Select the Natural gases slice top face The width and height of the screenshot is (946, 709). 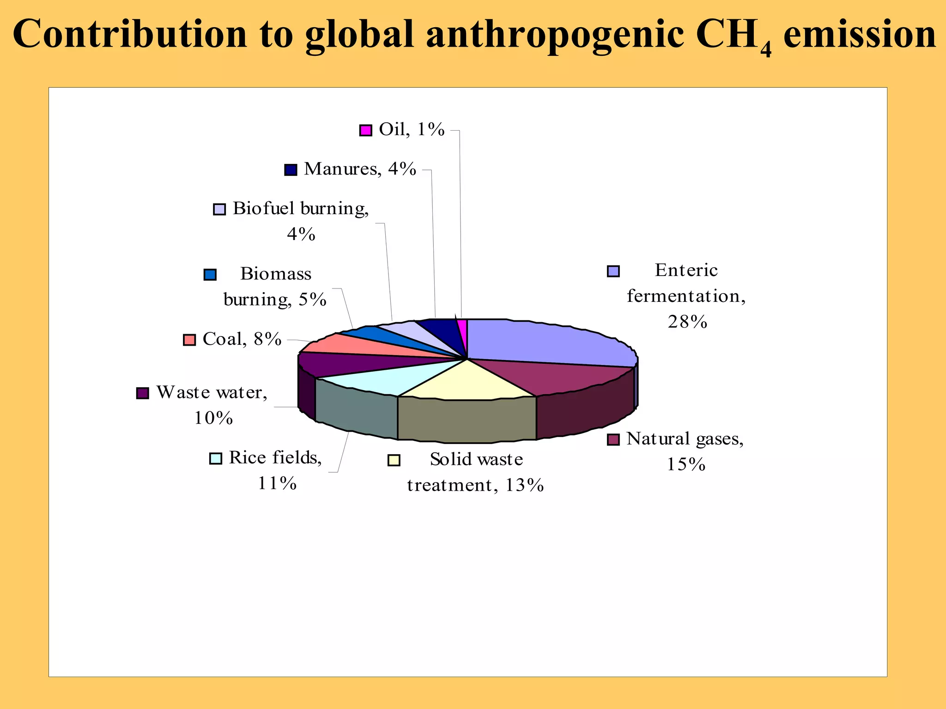[554, 376]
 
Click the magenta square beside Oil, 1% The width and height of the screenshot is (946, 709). [365, 131]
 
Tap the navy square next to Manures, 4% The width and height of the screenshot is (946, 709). [291, 170]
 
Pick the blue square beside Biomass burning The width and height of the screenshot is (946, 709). [210, 275]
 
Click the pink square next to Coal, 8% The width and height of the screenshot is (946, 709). [189, 340]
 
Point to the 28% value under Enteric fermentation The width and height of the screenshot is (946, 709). [687, 322]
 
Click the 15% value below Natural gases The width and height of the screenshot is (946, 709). [686, 464]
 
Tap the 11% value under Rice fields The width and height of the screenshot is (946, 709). [277, 484]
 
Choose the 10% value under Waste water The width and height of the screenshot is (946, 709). [213, 418]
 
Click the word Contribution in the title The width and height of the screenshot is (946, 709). [130, 35]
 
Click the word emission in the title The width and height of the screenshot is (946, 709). [860, 35]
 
